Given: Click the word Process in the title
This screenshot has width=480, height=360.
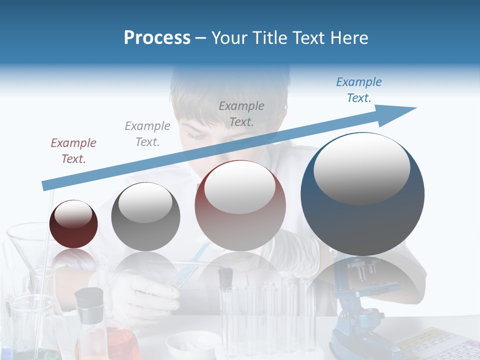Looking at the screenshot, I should click(x=157, y=38).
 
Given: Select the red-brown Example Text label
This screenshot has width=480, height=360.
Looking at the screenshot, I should click(x=73, y=151).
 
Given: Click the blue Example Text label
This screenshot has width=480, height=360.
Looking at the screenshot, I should click(x=358, y=90).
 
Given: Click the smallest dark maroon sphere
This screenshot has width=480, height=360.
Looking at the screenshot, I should click(x=73, y=224).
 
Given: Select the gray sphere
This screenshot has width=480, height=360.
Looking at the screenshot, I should click(x=145, y=216).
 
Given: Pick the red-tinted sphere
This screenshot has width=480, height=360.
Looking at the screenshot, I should click(x=240, y=205).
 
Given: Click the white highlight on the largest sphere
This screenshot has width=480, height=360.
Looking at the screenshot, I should click(x=361, y=167).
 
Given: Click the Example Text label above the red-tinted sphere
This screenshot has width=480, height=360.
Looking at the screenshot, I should click(x=241, y=113).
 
